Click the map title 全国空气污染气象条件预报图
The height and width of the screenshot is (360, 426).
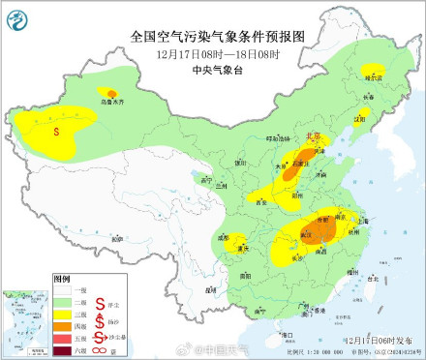tap(216, 37)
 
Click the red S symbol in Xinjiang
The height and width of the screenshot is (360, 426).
tap(57, 129)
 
